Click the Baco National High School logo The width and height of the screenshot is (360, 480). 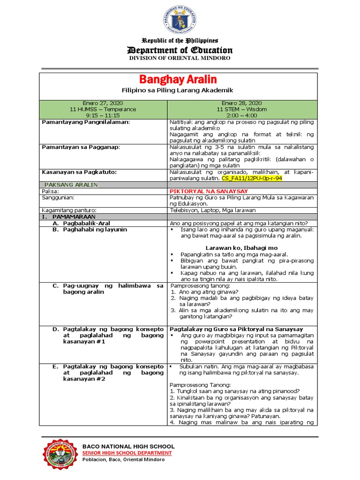click(60, 452)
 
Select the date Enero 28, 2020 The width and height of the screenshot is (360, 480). click(242, 103)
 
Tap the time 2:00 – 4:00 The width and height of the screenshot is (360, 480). click(242, 115)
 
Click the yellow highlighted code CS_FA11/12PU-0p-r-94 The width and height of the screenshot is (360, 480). click(252, 179)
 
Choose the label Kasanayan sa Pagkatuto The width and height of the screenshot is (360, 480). click(79, 172)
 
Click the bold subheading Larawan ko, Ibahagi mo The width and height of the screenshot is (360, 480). click(241, 247)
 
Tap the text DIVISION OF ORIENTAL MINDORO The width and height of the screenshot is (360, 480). click(180, 58)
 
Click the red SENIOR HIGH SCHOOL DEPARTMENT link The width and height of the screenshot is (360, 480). click(127, 453)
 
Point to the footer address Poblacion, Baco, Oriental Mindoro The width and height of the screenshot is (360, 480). click(123, 459)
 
